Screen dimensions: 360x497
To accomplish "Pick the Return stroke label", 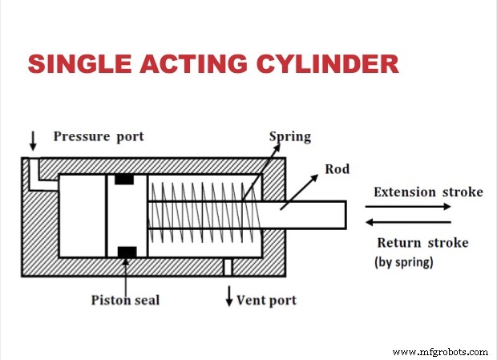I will point(422,242).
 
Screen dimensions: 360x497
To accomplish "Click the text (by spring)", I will point(403,261).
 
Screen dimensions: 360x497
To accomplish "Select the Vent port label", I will point(266,301).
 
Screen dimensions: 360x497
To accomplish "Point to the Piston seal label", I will point(124,301).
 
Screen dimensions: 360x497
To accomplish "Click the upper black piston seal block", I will point(124,179).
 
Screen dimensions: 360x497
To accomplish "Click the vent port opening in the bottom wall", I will point(228,267).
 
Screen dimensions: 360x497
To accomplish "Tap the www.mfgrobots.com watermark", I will point(442,351).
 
